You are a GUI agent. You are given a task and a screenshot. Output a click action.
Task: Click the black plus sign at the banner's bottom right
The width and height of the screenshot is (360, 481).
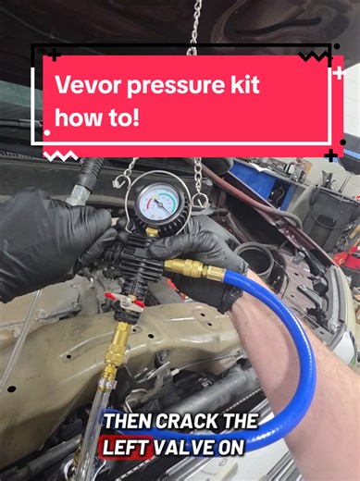[330, 154]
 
